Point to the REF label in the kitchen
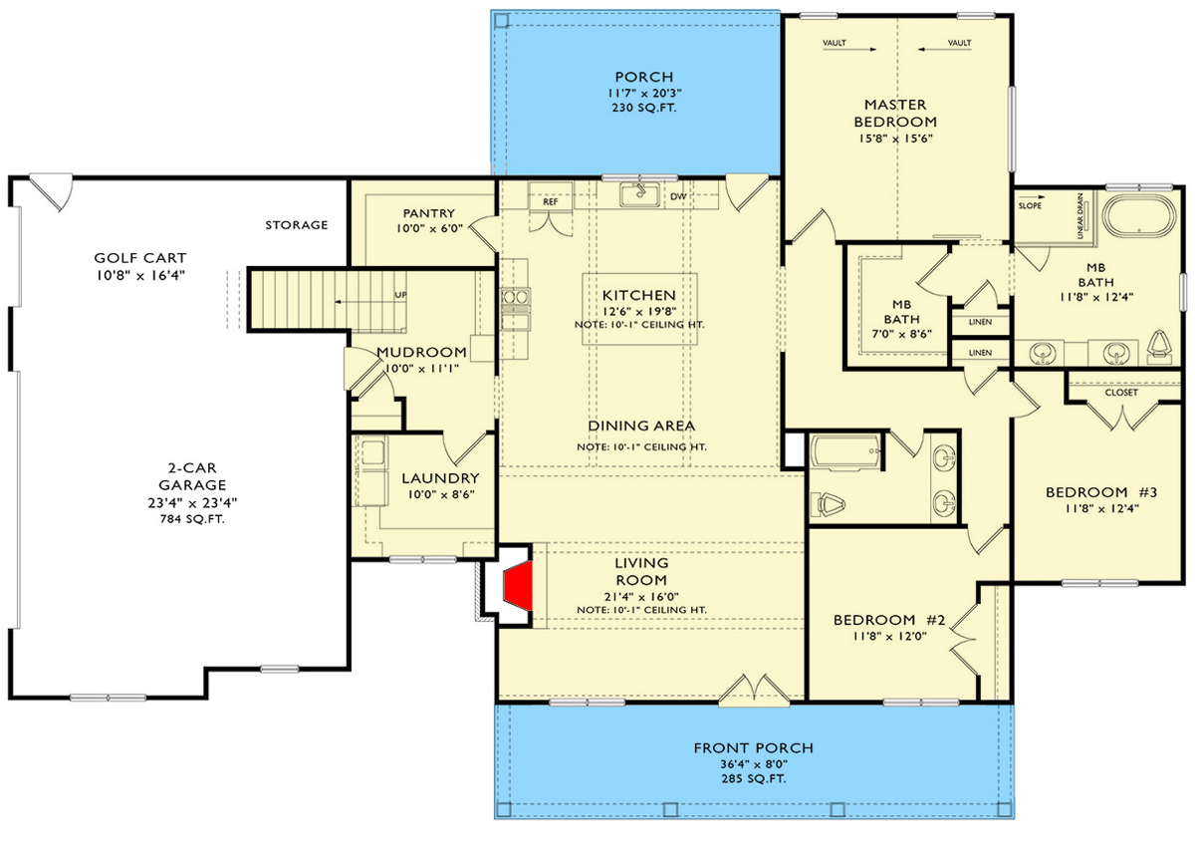point(550,200)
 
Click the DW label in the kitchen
point(678,197)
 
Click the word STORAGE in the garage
point(296,225)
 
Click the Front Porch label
point(753,747)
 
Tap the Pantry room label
point(428,213)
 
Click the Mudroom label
point(421,352)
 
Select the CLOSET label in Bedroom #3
point(1120,393)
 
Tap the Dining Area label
point(641,426)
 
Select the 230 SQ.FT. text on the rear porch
point(644,107)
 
